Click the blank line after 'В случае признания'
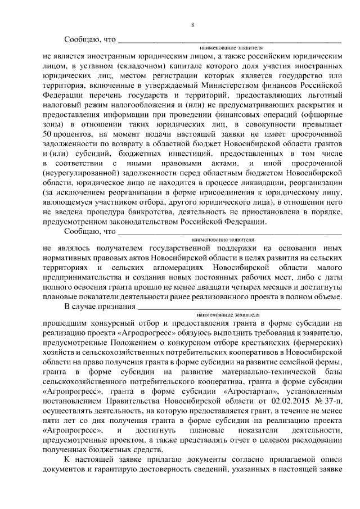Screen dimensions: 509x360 click(x=239, y=307)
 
